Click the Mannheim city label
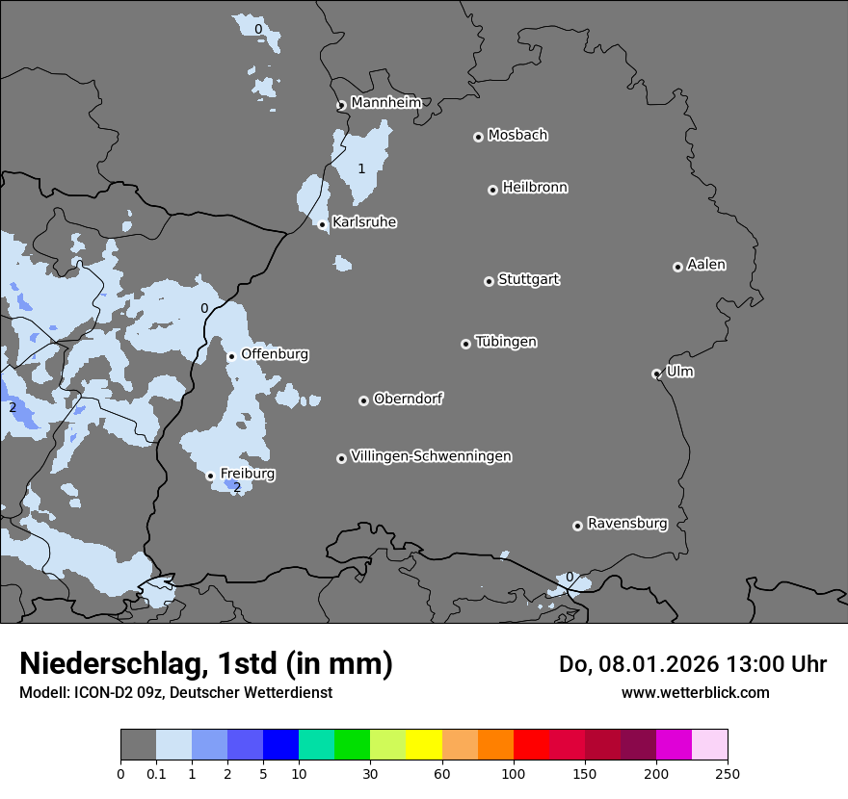pyautogui.click(x=385, y=102)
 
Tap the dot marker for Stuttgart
pyautogui.click(x=489, y=281)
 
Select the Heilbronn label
pyautogui.click(x=535, y=188)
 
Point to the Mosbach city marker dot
pyautogui.click(x=478, y=137)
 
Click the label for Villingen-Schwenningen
pyautogui.click(x=431, y=456)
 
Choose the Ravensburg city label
pyautogui.click(x=627, y=524)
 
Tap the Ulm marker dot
pyautogui.click(x=656, y=374)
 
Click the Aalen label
pyautogui.click(x=706, y=265)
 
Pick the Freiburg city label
pyautogui.click(x=248, y=474)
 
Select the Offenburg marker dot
pyautogui.click(x=231, y=356)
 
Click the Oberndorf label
pyautogui.click(x=408, y=399)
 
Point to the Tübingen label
pyautogui.click(x=506, y=342)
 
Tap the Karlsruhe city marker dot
pyautogui.click(x=323, y=224)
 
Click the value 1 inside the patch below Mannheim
pyautogui.click(x=361, y=169)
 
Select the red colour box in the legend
pyautogui.click(x=531, y=745)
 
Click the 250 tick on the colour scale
pyautogui.click(x=728, y=773)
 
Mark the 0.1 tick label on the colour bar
pyautogui.click(x=156, y=773)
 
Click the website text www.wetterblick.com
pyautogui.click(x=695, y=692)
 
